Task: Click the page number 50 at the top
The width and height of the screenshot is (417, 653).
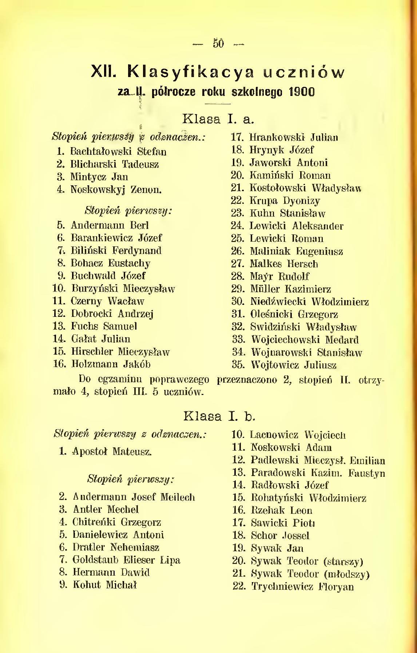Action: click(218, 44)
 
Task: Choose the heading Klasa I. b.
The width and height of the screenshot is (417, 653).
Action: click(218, 416)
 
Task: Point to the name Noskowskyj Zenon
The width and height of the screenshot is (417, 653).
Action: click(116, 189)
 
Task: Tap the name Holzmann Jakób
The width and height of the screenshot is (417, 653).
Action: click(111, 364)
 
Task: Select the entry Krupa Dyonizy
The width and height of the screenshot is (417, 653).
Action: click(285, 201)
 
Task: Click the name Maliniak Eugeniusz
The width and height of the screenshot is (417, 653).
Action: click(296, 251)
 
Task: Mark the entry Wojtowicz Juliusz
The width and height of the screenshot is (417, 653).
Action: click(294, 365)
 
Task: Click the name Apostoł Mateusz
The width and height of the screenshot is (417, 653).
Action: click(111, 452)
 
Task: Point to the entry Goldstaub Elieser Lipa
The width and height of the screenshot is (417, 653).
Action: click(126, 560)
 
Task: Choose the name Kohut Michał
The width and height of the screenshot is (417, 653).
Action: click(104, 585)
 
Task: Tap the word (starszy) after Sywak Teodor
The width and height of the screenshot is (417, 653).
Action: click(343, 562)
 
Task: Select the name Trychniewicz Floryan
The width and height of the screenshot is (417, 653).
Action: click(302, 587)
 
